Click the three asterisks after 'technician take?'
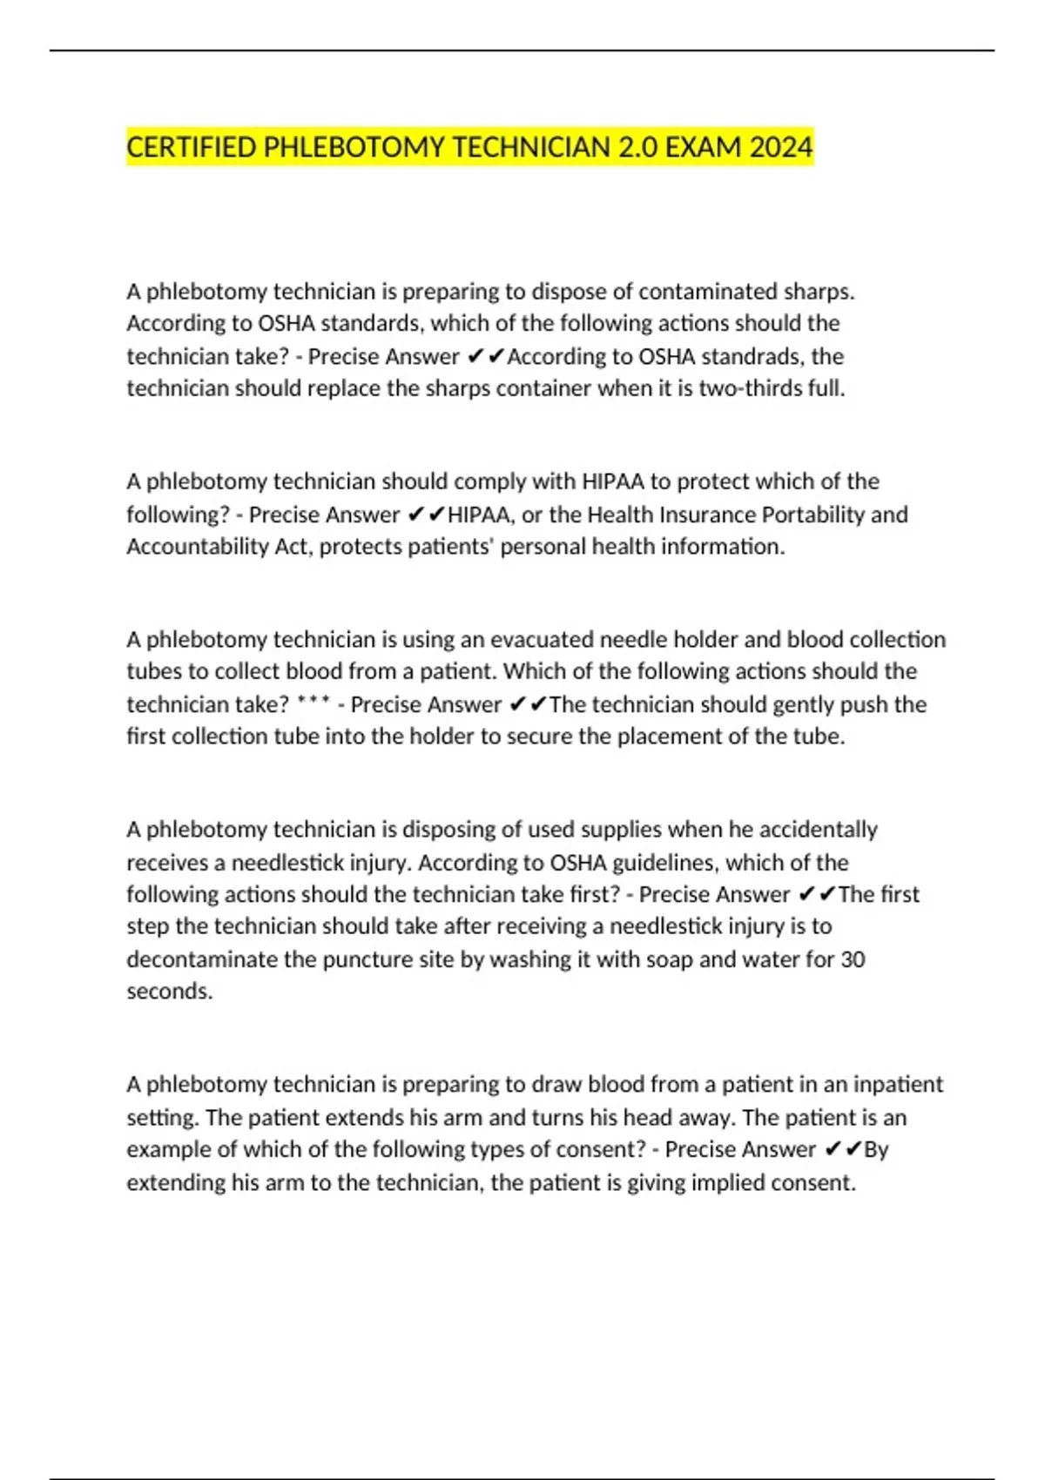point(313,702)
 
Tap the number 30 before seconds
point(853,959)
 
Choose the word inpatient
point(897,1085)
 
